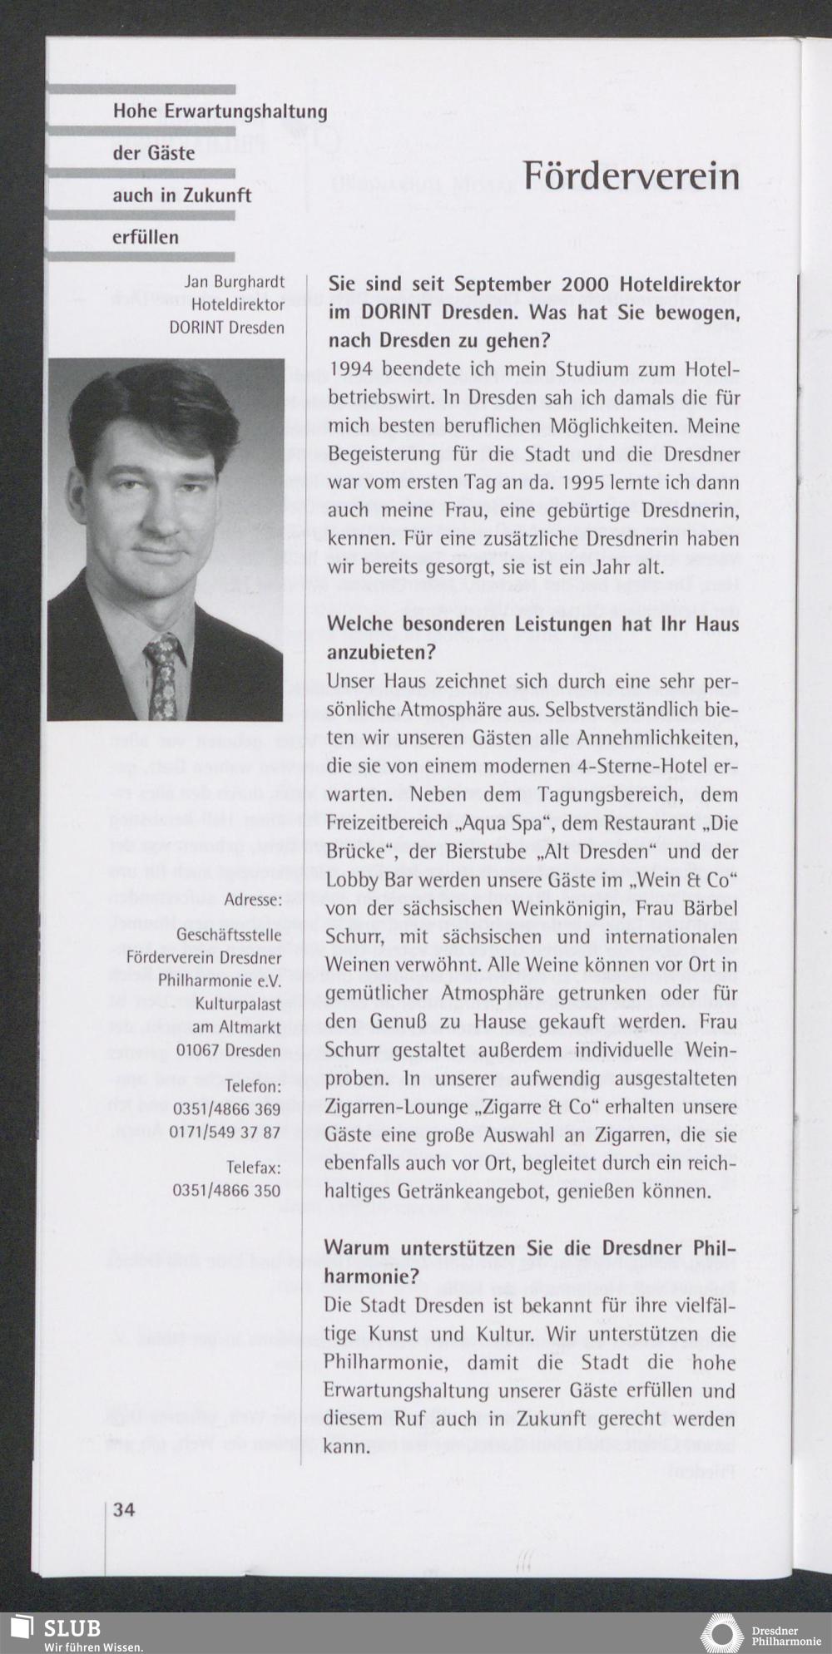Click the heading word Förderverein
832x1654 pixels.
pyautogui.click(x=631, y=175)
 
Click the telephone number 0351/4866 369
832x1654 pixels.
pyautogui.click(x=226, y=1109)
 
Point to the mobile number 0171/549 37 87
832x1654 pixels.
pyautogui.click(x=225, y=1132)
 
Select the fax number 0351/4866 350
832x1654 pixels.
pyautogui.click(x=226, y=1190)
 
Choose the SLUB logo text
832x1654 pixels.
pyautogui.click(x=73, y=1627)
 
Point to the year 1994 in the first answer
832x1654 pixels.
pyautogui.click(x=350, y=368)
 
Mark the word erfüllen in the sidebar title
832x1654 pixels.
pyautogui.click(x=146, y=237)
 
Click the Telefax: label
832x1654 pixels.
pyautogui.click(x=253, y=1168)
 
